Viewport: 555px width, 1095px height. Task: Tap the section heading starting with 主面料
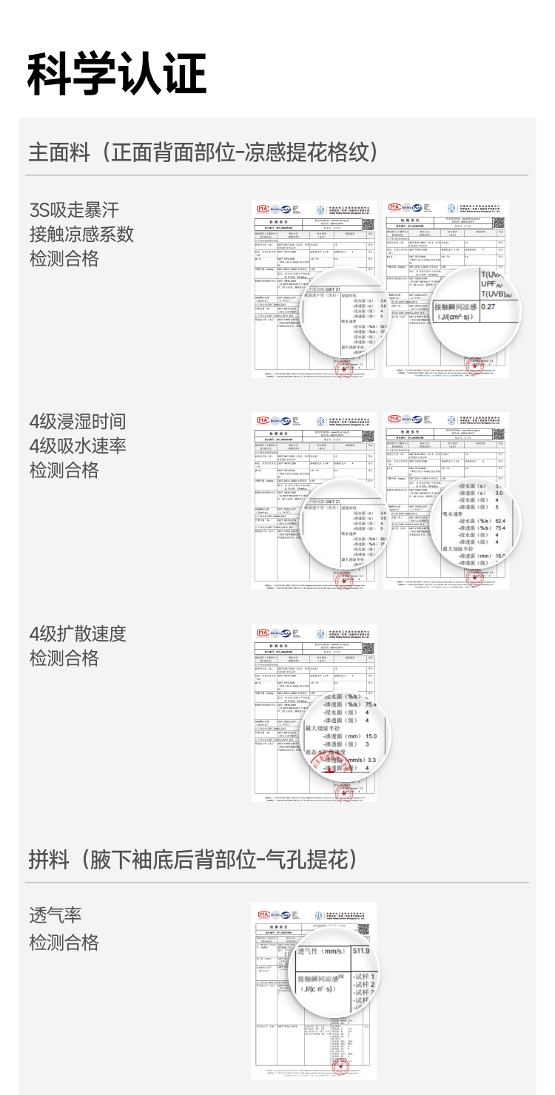pyautogui.click(x=203, y=152)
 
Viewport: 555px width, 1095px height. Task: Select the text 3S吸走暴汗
pyautogui.click(x=74, y=209)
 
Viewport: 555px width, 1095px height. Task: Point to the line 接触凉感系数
pyautogui.click(x=81, y=234)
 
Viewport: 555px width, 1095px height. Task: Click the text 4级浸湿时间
pyautogui.click(x=78, y=422)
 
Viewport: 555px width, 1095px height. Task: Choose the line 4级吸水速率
pyautogui.click(x=78, y=445)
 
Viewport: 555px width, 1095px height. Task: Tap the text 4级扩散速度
pyautogui.click(x=78, y=633)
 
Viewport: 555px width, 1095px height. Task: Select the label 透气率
pyautogui.click(x=55, y=915)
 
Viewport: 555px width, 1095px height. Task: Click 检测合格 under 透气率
pyautogui.click(x=64, y=942)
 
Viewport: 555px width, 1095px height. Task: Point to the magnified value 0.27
pyautogui.click(x=488, y=306)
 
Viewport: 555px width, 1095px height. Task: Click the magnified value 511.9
pyautogui.click(x=361, y=951)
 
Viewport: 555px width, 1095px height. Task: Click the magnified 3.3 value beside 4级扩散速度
pyautogui.click(x=371, y=760)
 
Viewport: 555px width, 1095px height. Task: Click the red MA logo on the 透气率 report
pyautogui.click(x=263, y=914)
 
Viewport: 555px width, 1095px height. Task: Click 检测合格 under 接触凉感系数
pyautogui.click(x=64, y=258)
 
